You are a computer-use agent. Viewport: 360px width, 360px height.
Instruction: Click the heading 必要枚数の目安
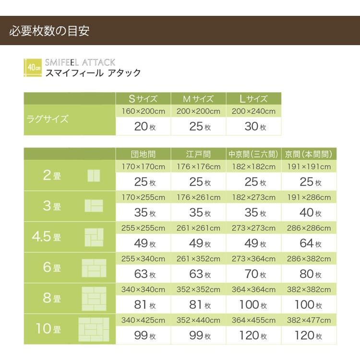pos(49,32)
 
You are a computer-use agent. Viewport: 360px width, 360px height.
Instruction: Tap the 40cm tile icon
pos(33,67)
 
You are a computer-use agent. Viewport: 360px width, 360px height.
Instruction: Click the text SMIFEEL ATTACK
pos(80,62)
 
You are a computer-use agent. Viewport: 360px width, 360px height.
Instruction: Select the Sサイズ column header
pos(143,99)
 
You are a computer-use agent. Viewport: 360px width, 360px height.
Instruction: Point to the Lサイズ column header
pos(253,99)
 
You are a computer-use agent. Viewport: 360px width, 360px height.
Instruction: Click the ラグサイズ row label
pos(47,119)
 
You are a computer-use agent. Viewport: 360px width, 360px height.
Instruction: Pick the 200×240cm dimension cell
pos(253,111)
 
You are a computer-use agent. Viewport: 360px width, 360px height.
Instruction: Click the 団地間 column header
pos(143,155)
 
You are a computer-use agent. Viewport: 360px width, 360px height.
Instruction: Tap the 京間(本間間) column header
pos(309,155)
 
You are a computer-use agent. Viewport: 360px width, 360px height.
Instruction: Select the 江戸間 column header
pos(198,155)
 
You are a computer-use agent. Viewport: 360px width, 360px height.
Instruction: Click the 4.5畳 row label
pos(46,237)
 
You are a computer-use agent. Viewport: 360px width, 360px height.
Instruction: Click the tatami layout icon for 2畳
pos(94,176)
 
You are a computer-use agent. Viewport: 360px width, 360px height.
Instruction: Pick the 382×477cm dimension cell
pos(309,321)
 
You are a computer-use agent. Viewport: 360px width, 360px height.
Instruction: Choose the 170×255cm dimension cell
pos(143,197)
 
